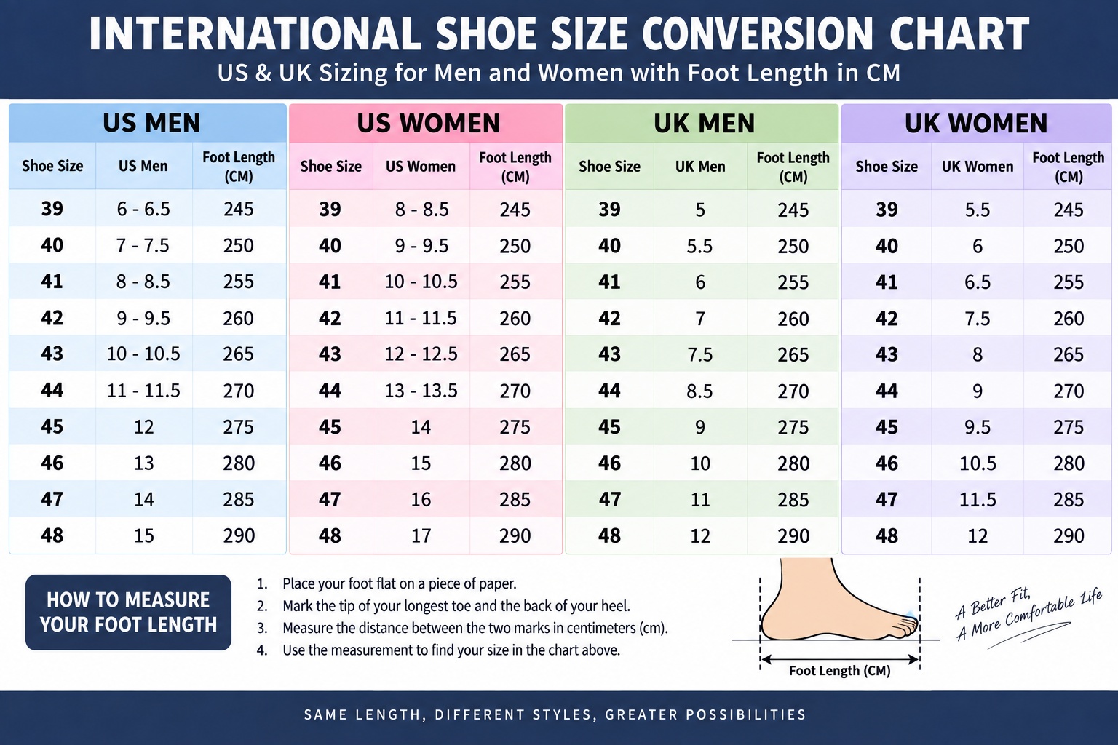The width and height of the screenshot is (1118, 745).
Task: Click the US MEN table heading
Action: (x=151, y=123)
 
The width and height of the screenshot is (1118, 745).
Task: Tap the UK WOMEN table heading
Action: (x=976, y=123)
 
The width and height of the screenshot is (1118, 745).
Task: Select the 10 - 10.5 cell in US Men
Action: (x=143, y=354)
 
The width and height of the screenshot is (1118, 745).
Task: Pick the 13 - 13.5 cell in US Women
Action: (x=421, y=390)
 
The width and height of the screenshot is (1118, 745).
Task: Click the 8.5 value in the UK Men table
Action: (x=699, y=391)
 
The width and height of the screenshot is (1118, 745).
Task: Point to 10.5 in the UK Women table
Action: (x=978, y=463)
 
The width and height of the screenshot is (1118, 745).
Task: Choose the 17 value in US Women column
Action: (x=421, y=536)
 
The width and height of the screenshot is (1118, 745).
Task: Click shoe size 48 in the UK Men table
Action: (x=609, y=536)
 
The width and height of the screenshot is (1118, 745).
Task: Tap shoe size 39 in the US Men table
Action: (x=52, y=209)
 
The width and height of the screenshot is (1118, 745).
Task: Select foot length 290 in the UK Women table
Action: (x=1069, y=536)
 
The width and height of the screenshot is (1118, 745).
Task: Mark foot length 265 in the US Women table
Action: (x=515, y=354)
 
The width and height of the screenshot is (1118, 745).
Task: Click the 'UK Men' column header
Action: (x=699, y=166)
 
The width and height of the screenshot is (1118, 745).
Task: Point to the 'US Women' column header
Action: (x=420, y=166)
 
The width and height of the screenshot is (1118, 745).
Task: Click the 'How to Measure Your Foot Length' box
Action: (x=128, y=613)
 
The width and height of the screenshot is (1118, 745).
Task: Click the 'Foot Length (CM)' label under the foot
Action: (x=839, y=671)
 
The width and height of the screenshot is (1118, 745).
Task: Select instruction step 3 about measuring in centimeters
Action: (x=462, y=628)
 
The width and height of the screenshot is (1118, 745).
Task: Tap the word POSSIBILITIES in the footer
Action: (x=745, y=714)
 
